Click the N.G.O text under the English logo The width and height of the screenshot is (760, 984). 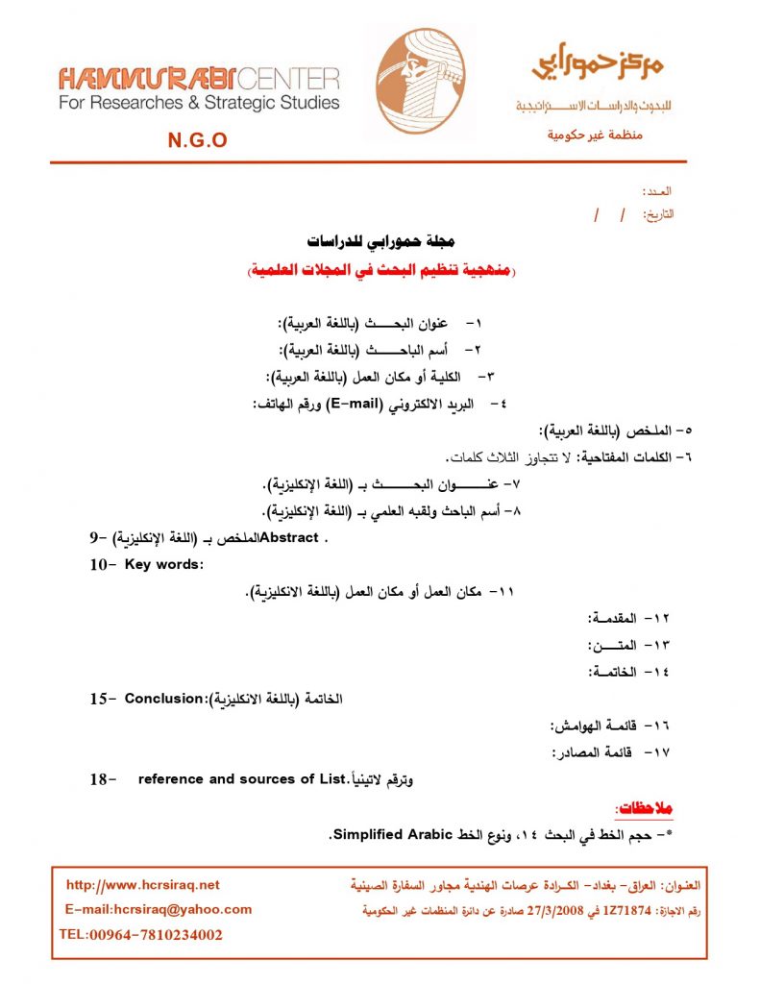[197, 140]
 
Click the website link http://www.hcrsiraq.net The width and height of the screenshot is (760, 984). [142, 885]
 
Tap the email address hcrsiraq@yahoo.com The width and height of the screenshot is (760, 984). [159, 909]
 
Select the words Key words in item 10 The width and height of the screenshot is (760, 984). [164, 564]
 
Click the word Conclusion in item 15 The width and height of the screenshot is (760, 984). [165, 699]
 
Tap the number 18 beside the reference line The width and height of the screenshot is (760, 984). [100, 779]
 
